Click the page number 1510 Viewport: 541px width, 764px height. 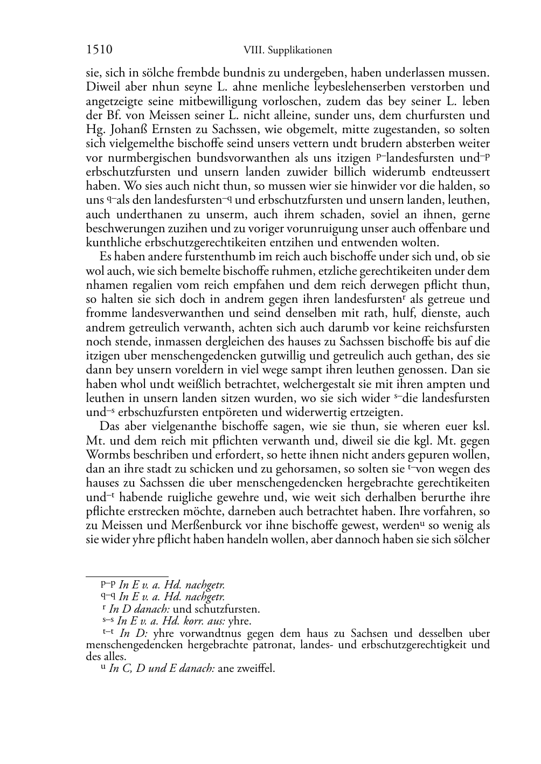99,50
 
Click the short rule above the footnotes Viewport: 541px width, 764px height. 127,577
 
